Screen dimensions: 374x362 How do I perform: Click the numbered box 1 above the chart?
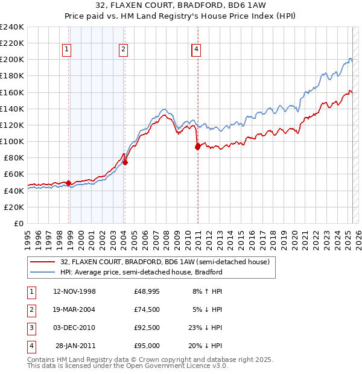[66, 50]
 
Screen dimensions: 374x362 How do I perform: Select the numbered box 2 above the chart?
[122, 50]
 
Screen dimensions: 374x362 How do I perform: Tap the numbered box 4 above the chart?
[197, 50]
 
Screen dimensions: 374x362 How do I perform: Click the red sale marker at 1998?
[69, 183]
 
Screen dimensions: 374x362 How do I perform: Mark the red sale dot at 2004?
[125, 162]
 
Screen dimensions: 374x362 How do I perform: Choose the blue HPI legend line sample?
[42, 272]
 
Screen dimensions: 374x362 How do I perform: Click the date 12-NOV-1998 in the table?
[75, 291]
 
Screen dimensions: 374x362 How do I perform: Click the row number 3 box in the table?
[31, 328]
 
